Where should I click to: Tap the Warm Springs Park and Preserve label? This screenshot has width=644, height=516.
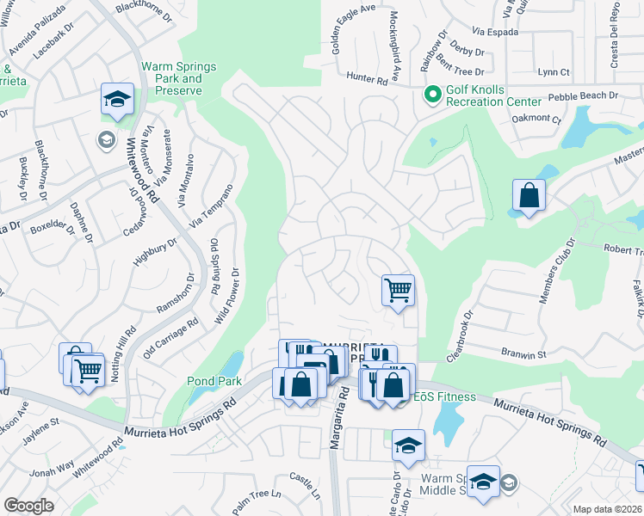(x=179, y=78)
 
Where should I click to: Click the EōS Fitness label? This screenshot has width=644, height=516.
(x=445, y=396)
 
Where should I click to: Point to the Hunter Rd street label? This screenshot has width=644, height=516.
(x=367, y=78)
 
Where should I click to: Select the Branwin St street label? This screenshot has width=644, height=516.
(x=524, y=353)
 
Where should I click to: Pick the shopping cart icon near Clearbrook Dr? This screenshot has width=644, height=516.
(x=398, y=289)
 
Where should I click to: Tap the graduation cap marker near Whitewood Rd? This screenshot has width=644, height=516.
(x=116, y=99)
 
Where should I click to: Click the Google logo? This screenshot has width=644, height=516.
(x=29, y=506)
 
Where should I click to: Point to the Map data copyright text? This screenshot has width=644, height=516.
(x=608, y=509)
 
